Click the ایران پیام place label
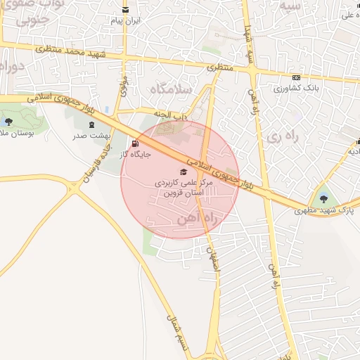coord(125,21)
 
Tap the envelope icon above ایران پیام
coord(125,10)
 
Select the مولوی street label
coord(123,86)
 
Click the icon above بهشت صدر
coord(93,124)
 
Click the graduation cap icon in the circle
coord(184,172)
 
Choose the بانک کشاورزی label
coord(296,89)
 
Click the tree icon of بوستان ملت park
coord(8,122)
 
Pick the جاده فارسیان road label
coord(96,157)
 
